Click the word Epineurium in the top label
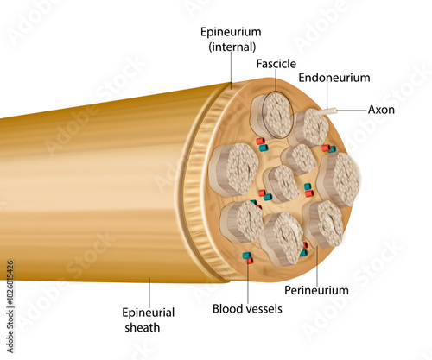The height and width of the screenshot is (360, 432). [x=230, y=32]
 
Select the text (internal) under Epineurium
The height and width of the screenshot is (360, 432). [x=230, y=47]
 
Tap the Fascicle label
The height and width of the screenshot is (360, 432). [x=276, y=64]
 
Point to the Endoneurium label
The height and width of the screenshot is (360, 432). [x=334, y=78]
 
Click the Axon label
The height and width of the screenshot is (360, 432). [x=381, y=110]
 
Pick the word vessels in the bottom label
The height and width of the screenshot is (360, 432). [x=265, y=307]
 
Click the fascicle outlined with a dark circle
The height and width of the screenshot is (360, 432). [x=271, y=115]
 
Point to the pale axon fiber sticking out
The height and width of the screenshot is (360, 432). [x=330, y=113]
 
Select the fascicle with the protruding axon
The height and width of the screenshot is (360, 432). [x=310, y=128]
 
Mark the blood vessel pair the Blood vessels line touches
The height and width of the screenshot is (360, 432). [x=248, y=256]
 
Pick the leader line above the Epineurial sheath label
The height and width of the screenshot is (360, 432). [x=149, y=290]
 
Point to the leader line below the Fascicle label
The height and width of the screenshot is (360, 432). [x=276, y=82]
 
